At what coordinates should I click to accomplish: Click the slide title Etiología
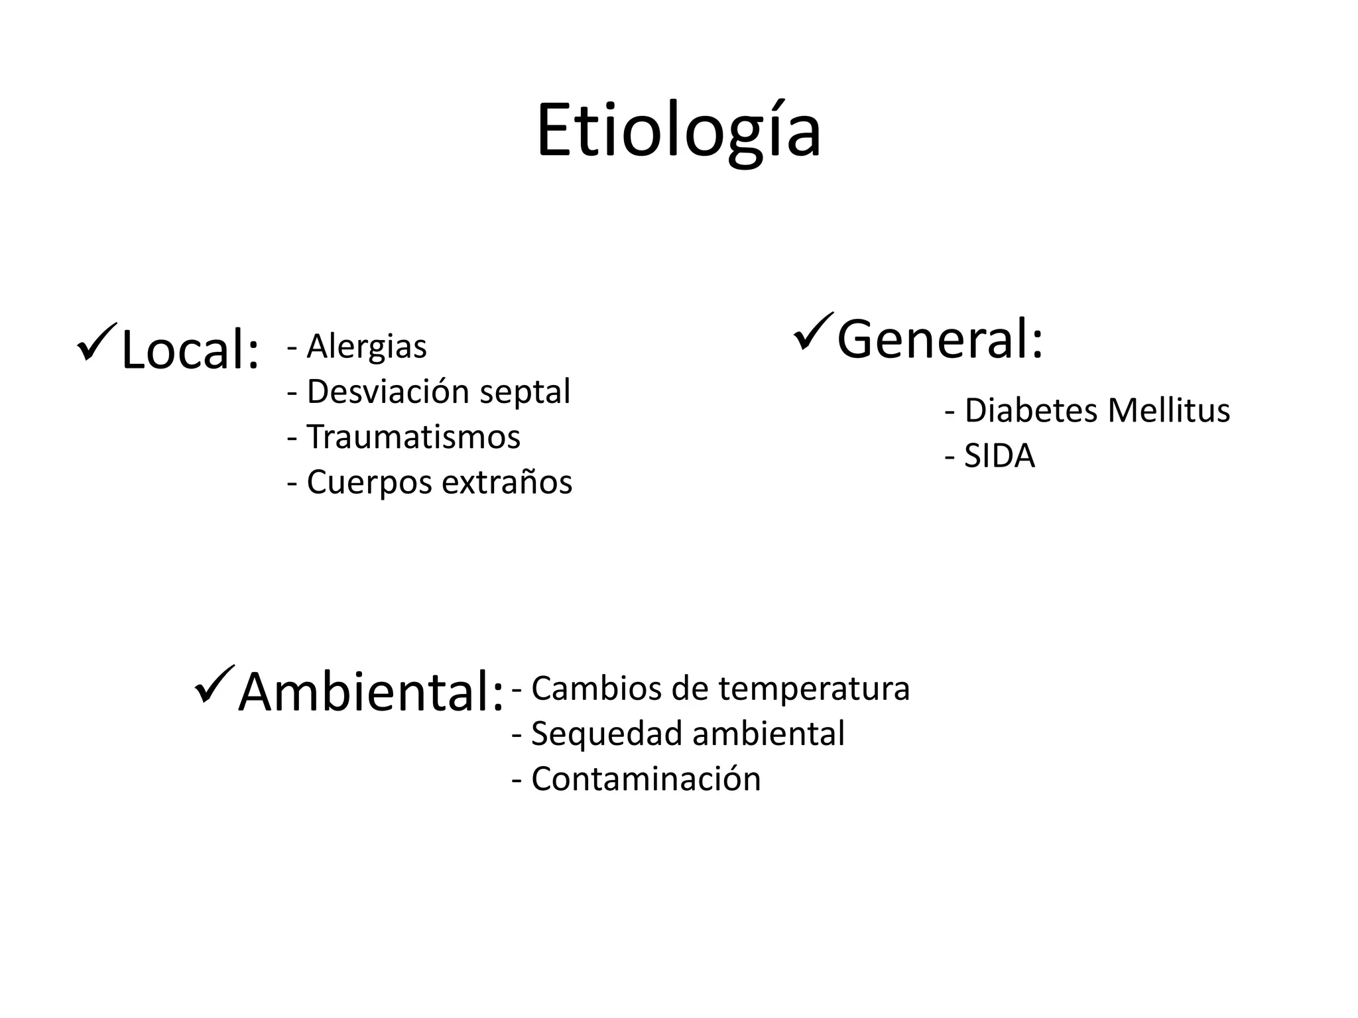[x=678, y=131]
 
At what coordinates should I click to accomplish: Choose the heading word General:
[x=940, y=339]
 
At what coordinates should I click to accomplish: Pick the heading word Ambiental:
[x=371, y=692]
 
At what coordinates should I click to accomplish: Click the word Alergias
[x=367, y=347]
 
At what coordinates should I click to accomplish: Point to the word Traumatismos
[x=413, y=437]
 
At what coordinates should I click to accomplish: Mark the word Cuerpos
[x=369, y=483]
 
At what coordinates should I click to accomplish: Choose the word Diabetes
[x=1031, y=410]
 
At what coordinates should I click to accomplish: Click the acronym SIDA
[x=999, y=456]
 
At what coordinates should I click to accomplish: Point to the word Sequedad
[x=607, y=734]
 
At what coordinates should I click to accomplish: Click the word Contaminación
[x=646, y=779]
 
